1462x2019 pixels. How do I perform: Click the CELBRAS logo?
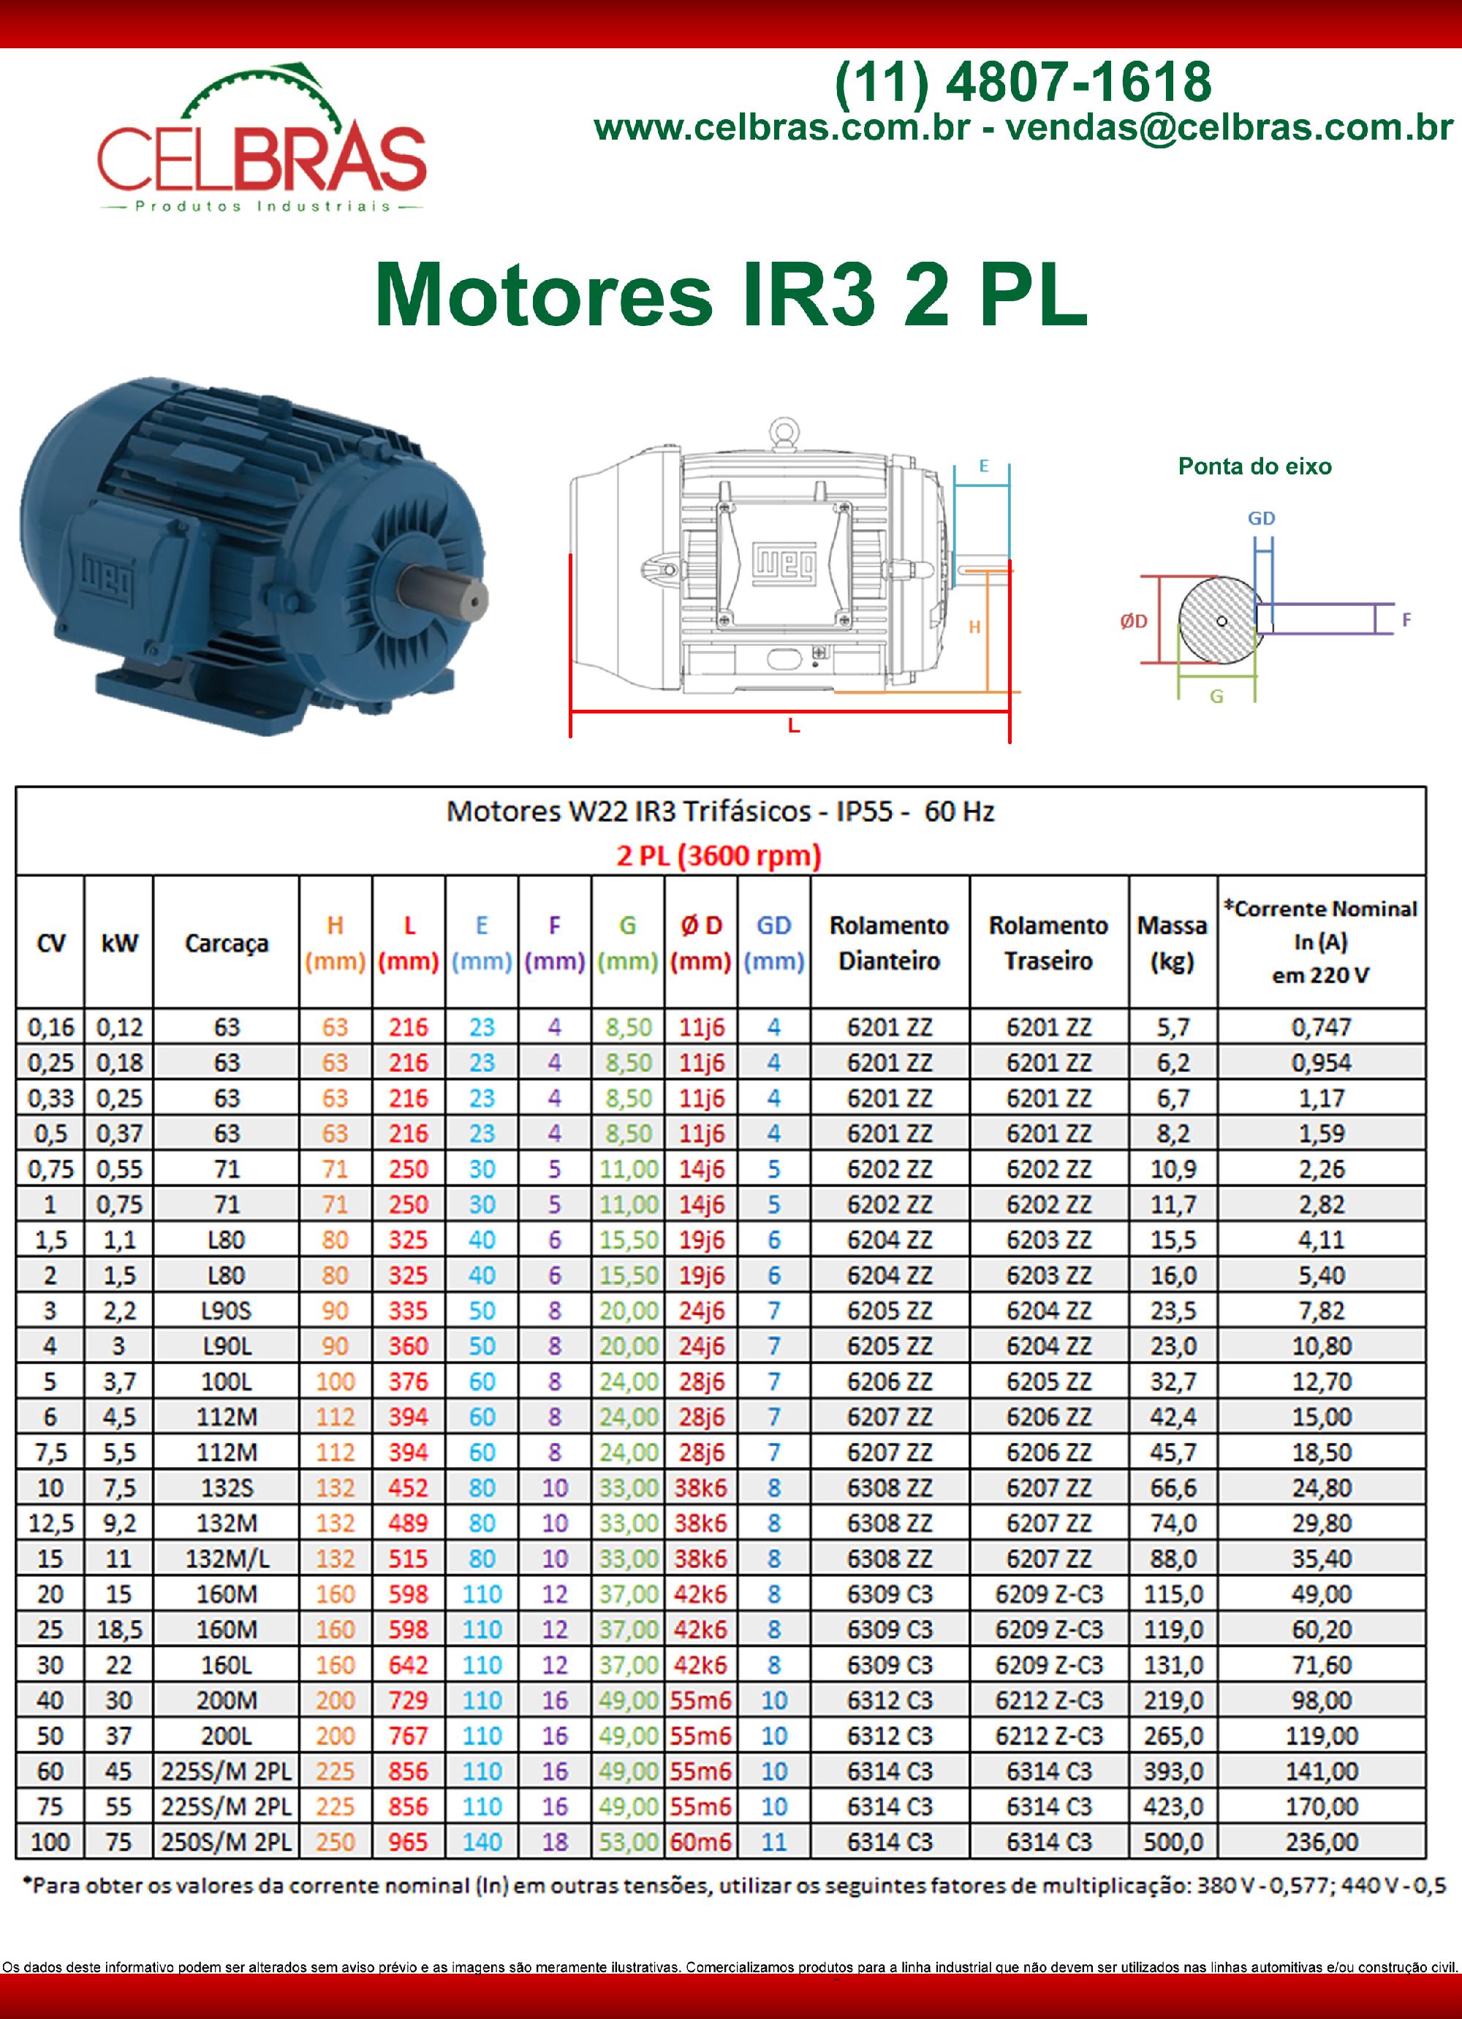click(262, 143)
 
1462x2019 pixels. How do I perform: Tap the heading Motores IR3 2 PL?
click(730, 295)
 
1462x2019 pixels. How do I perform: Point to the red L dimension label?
click(793, 726)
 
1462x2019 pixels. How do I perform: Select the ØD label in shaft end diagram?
click(1134, 621)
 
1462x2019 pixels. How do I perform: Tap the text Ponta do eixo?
click(1254, 466)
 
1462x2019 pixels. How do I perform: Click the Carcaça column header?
click(226, 943)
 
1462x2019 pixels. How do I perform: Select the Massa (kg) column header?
click(1172, 943)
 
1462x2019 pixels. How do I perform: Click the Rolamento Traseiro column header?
click(1048, 943)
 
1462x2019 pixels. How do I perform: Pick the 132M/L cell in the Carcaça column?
click(226, 1558)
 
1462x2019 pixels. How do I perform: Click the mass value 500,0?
click(1173, 1842)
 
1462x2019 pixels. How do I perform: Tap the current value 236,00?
click(1322, 1842)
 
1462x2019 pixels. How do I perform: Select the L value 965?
click(408, 1842)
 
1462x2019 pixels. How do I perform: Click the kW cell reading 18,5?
click(118, 1629)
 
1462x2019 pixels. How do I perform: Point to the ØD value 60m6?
click(701, 1842)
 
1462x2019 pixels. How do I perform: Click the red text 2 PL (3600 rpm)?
click(719, 855)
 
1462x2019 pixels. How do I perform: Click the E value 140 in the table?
click(482, 1842)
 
